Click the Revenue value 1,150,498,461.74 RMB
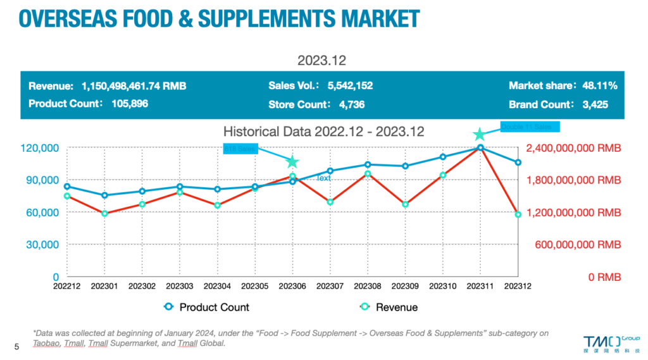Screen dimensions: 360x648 point(134,85)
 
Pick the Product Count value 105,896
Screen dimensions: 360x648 point(130,104)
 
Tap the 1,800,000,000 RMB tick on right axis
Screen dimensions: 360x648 point(573,180)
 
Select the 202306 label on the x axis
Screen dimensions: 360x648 point(292,287)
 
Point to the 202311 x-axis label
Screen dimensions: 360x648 point(480,287)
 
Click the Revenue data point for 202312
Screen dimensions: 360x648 point(518,214)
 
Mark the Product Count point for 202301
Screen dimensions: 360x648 point(104,196)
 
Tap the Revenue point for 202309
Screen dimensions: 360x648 point(405,204)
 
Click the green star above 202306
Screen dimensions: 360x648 point(292,162)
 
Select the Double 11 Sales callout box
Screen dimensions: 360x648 point(530,127)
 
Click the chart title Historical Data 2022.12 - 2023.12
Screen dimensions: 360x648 point(323,132)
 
